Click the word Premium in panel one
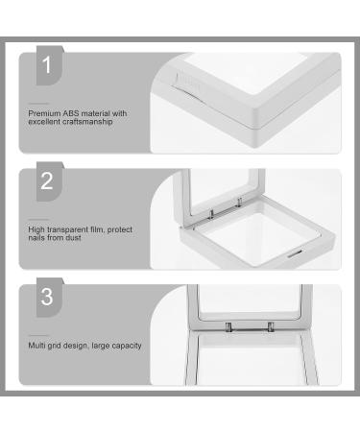point(44,113)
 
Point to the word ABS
point(70,113)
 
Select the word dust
point(73,238)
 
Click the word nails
point(36,238)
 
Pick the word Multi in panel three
point(36,346)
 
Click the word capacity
point(127,346)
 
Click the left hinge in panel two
point(211,214)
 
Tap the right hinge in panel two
point(239,202)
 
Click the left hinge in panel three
point(228,327)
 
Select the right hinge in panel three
point(271,327)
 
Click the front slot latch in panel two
point(294,254)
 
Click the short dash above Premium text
point(38,104)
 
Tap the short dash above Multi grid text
point(38,335)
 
